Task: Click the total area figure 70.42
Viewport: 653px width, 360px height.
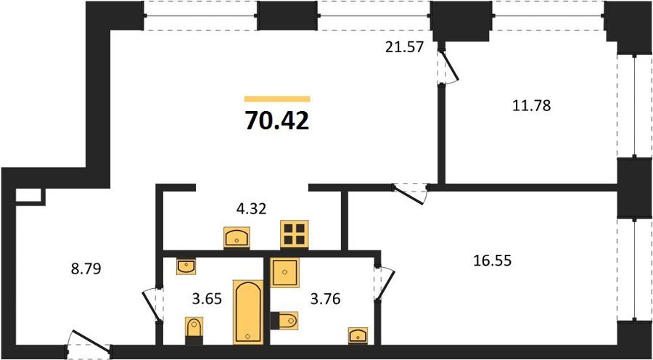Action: (277, 121)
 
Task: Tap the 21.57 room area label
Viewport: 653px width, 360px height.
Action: (404, 47)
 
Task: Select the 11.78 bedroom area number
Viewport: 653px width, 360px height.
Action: (531, 106)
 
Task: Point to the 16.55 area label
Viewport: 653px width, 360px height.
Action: (492, 261)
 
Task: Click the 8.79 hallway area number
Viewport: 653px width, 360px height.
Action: (86, 269)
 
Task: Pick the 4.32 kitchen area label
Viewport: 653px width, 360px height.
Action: (251, 208)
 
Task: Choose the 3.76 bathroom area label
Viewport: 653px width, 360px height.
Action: (325, 299)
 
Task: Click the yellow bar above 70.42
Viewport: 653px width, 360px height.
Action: (277, 99)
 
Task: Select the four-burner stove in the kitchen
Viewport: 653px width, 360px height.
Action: (295, 234)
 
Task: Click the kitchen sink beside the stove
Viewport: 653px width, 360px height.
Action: (237, 238)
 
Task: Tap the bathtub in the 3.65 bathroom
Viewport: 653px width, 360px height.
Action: (248, 312)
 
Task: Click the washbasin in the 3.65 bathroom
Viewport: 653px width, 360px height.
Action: (186, 266)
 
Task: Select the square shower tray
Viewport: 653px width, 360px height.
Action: (285, 272)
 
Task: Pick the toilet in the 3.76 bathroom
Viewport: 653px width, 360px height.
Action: (284, 320)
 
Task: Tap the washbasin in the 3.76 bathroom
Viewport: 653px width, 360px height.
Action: (358, 335)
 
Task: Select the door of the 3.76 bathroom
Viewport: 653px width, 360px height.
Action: (384, 283)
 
